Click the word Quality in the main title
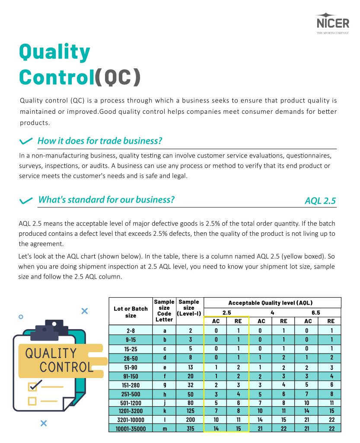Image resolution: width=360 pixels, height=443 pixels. (54, 53)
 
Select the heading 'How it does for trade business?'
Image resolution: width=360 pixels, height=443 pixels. (99, 141)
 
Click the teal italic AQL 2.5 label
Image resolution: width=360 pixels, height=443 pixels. (320, 201)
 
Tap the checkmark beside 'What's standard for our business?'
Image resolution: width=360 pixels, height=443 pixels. (26, 200)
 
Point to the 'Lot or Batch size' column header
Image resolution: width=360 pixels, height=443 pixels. (131, 312)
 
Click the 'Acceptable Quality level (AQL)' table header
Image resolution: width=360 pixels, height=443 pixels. (270, 303)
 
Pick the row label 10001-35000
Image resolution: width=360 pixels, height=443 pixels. (131, 428)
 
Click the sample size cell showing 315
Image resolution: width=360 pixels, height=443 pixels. (191, 428)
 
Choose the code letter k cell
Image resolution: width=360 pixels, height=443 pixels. (164, 411)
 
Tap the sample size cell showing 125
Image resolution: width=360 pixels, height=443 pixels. (191, 411)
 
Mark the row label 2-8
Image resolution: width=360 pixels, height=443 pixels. (131, 331)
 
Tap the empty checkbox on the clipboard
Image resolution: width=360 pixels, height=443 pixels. (32, 401)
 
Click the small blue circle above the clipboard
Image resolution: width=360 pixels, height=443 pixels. (20, 317)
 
